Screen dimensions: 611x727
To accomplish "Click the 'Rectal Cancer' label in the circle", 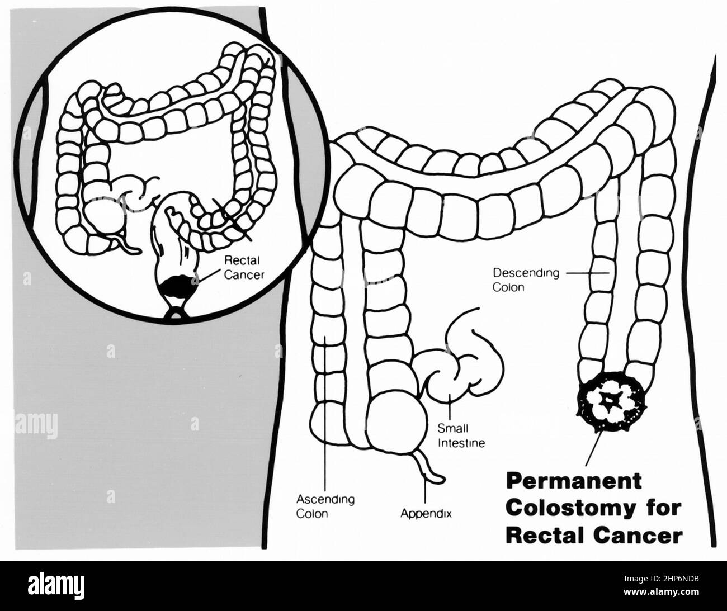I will coord(243,267).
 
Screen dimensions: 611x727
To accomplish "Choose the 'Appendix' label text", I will coord(426,512).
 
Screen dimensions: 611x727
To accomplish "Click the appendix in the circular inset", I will coord(124,242).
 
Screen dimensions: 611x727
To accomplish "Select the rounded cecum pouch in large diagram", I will coord(394,416).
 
